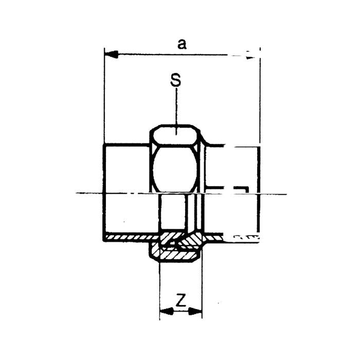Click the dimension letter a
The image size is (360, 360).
point(182,45)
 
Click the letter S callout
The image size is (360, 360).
point(175,80)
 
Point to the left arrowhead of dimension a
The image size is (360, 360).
point(112,55)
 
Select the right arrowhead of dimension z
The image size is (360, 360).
point(195,311)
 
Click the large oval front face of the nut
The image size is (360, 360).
point(175,170)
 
